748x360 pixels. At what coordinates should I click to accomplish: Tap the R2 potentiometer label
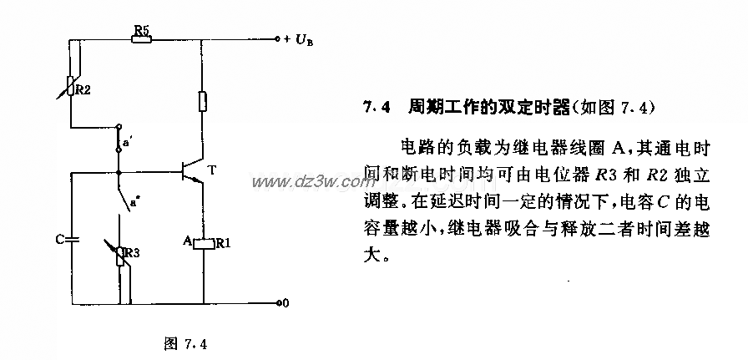coord(83,89)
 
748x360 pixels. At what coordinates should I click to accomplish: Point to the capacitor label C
coord(59,239)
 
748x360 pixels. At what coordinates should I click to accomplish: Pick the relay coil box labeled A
coord(205,244)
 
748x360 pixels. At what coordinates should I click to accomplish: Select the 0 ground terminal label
coord(286,302)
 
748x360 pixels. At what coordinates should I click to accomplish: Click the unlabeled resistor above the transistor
coord(204,102)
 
